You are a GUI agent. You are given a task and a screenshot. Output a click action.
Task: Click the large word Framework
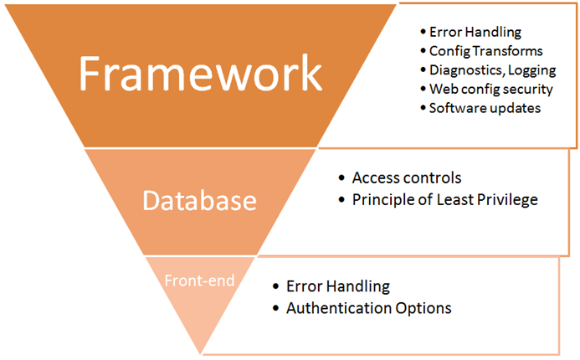pyautogui.click(x=200, y=73)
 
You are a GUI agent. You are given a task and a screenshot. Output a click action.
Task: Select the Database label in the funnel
pyautogui.click(x=199, y=201)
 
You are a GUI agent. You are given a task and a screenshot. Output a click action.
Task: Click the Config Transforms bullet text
pyautogui.click(x=475, y=51)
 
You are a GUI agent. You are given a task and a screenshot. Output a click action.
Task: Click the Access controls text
pyautogui.click(x=407, y=178)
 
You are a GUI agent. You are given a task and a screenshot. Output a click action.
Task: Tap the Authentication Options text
pyautogui.click(x=368, y=308)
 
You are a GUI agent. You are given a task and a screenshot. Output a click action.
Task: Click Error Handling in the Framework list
pyautogui.click(x=475, y=33)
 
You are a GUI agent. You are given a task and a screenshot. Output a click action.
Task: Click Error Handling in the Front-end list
pyautogui.click(x=338, y=287)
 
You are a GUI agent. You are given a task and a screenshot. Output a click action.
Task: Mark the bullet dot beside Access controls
pyautogui.click(x=341, y=179)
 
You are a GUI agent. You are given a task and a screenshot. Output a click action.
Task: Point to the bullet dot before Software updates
pyautogui.click(x=422, y=108)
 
